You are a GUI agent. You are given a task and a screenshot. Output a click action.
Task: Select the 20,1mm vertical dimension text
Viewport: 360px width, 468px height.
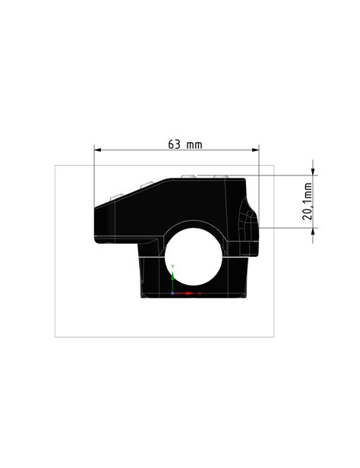308,201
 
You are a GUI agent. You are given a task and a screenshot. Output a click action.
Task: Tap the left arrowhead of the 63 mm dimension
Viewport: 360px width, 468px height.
97,150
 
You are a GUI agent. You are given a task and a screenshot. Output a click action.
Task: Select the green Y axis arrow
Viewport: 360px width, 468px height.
173,277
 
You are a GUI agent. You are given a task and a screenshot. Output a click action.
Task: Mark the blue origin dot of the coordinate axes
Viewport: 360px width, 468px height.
173,292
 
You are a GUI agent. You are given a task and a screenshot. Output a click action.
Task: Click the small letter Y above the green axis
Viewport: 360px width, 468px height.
173,266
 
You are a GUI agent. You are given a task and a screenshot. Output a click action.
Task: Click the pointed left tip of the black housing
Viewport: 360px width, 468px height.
95,220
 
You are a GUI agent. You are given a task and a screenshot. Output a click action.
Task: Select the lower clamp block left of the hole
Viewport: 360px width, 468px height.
152,277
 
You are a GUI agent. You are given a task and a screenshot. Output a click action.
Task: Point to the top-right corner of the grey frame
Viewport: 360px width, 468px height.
273,164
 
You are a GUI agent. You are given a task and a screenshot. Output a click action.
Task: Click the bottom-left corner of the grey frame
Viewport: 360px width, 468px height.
55,337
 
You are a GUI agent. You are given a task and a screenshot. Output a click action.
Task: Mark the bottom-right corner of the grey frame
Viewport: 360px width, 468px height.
273,337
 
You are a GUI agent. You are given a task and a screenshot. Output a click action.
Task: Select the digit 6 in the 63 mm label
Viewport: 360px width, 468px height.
171,143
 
